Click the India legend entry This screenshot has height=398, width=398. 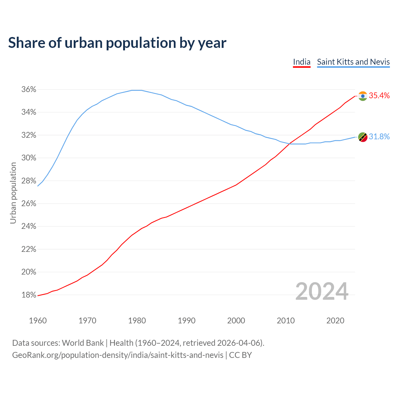point(302,62)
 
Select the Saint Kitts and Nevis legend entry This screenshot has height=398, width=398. point(353,62)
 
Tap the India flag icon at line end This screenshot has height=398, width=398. point(363,96)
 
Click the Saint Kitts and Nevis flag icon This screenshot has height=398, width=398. point(363,137)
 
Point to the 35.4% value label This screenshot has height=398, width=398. point(379,95)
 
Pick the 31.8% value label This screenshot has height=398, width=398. point(379,137)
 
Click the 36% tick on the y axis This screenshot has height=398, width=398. point(29,90)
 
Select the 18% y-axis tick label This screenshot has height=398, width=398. point(29,295)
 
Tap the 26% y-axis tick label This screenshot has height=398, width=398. point(29,204)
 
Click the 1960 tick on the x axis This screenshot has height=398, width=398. point(38,321)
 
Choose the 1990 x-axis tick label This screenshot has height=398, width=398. point(187,321)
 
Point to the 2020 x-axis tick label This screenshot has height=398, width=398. point(335,321)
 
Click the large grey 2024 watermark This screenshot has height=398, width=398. point(322,291)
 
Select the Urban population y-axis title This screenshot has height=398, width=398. point(13,193)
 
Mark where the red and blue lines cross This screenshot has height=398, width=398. point(289,143)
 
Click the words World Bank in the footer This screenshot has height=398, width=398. point(83,343)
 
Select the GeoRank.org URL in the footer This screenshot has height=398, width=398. point(118,355)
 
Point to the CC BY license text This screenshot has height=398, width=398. point(240,355)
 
